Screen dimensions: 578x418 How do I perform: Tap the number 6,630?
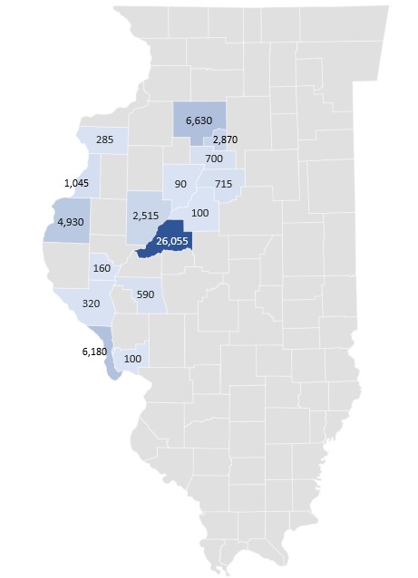click(199, 120)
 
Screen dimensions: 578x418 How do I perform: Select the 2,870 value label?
click(225, 140)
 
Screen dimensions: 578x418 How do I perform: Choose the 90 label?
click(180, 185)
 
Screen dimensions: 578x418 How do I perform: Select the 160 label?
click(101, 268)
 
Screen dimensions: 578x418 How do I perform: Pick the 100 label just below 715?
click(200, 213)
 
